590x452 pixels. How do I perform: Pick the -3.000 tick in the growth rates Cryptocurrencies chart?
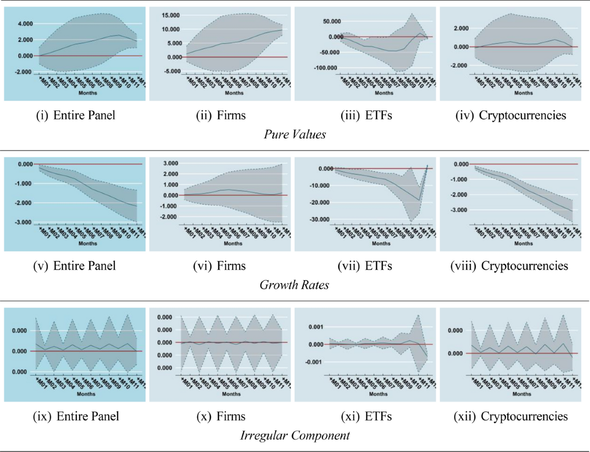(456, 210)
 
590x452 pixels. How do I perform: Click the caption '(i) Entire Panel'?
(75, 116)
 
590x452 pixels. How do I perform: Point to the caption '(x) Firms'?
(219, 417)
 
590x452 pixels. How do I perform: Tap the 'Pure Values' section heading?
(295, 134)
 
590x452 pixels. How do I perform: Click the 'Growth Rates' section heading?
(295, 284)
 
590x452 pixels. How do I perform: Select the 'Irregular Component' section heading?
(295, 435)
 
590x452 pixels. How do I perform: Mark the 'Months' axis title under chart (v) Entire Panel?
(88, 243)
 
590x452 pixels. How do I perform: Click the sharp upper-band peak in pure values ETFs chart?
(411, 13)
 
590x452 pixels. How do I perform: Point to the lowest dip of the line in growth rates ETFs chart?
(419, 200)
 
